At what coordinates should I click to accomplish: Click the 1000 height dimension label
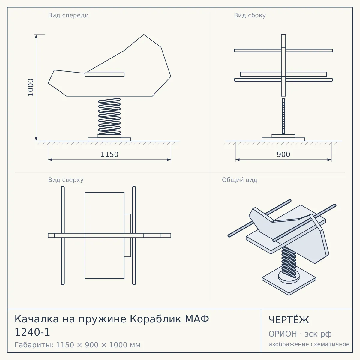(31, 87)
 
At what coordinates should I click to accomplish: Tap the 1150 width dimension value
(109, 154)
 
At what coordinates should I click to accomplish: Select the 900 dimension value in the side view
(283, 154)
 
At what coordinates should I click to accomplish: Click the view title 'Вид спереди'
(68, 15)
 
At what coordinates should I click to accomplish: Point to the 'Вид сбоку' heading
(250, 15)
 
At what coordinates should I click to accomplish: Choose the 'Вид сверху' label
(66, 180)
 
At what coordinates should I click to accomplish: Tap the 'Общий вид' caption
(239, 180)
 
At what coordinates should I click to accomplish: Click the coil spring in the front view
(109, 116)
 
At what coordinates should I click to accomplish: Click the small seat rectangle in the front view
(105, 74)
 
